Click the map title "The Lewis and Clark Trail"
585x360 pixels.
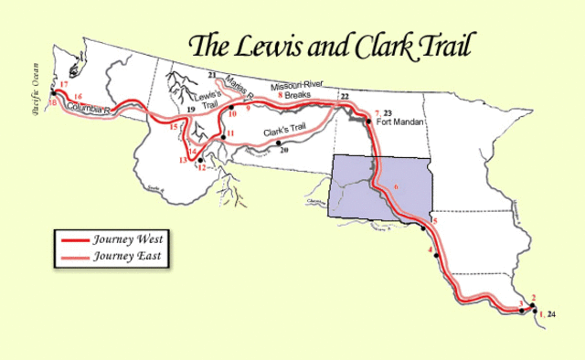coord(333,45)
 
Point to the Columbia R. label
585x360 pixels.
coord(89,110)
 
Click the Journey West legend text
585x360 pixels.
coord(128,239)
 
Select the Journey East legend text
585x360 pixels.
coord(128,256)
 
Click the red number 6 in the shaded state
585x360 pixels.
coord(396,187)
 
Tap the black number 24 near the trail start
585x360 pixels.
coord(551,314)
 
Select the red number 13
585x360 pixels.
coord(185,160)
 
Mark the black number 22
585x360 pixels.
coord(345,96)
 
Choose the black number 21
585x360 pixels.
coord(211,73)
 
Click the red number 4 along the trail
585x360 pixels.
coord(430,249)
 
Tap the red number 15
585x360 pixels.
coord(175,127)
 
